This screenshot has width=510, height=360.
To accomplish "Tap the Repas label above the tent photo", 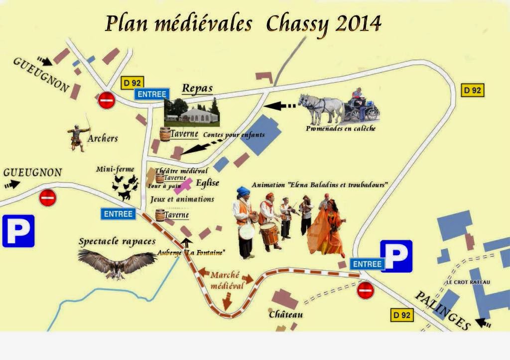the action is (x=197, y=89).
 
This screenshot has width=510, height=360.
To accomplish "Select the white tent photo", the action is (x=192, y=113).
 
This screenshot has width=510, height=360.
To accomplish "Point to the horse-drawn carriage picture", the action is (x=339, y=107).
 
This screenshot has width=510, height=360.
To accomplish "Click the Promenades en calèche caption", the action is (x=341, y=128).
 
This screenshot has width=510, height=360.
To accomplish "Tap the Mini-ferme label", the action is (x=115, y=169).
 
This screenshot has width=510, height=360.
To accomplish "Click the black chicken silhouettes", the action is (x=125, y=186).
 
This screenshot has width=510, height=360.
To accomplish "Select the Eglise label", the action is (x=207, y=183).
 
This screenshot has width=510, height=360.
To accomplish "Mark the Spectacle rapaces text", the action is (x=117, y=241).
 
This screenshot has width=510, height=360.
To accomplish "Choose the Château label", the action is (x=286, y=315).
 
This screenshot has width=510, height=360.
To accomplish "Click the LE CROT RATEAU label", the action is (x=468, y=282).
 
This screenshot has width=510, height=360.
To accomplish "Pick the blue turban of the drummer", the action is (x=243, y=191).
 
